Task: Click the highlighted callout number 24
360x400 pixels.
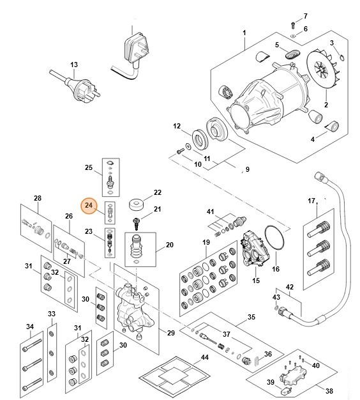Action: point(88,206)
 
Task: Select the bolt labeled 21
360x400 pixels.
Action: point(136,222)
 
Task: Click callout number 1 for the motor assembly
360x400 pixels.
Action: point(244,32)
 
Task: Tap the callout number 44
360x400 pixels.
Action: point(205,357)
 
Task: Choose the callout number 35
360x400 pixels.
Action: point(251,316)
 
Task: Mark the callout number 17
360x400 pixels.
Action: point(311,201)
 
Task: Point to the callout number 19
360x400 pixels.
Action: point(206,242)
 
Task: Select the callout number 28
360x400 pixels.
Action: point(37,198)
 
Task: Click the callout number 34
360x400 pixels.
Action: point(29,328)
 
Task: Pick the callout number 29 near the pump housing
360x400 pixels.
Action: point(170,333)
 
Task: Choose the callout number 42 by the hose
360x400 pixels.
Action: point(289,287)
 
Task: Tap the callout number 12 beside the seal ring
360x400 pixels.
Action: point(177,127)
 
